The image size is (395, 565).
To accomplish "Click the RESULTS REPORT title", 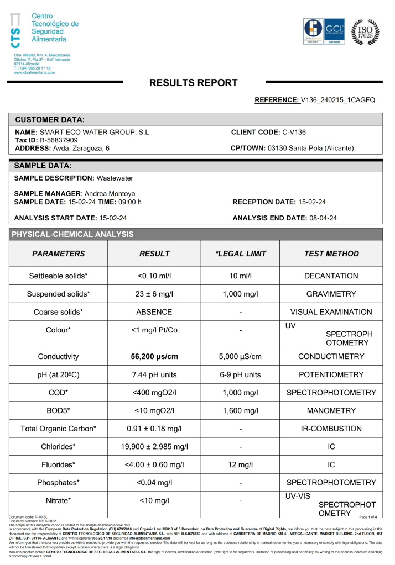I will [194, 83].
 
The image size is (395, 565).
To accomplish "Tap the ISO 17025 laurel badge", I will [366, 32].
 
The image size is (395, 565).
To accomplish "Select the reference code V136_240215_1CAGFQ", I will [337, 100].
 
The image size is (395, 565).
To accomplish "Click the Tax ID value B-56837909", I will [59, 140].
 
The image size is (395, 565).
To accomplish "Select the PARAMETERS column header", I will [59, 254].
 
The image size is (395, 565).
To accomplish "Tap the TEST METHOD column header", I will [331, 254].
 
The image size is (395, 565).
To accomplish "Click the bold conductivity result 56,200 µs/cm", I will [154, 356].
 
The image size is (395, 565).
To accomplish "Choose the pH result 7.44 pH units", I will [154, 374].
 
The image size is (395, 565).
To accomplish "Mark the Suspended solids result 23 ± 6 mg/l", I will [154, 294].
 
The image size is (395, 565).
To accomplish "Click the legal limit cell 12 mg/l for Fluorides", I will [240, 464].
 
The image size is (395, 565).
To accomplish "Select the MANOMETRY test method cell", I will [331, 410].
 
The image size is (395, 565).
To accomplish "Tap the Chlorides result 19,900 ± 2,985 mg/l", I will [154, 446].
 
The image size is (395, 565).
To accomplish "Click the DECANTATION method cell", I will [331, 276].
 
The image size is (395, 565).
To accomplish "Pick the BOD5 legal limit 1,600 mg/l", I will [240, 410].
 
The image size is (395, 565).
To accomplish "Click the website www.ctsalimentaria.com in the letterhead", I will [34, 72].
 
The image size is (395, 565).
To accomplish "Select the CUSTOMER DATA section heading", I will [50, 119].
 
